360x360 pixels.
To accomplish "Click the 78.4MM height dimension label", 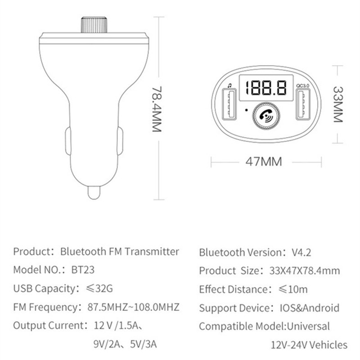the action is (x=157, y=109).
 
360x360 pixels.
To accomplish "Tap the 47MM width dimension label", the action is (x=264, y=162).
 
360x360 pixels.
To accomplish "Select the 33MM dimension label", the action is (x=338, y=104).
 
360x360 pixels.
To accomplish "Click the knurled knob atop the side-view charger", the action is (x=94, y=25).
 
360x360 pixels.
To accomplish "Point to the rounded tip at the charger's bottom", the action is (x=94, y=193).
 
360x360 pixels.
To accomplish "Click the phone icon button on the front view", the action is (x=266, y=116).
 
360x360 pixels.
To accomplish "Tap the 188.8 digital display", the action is (x=266, y=88).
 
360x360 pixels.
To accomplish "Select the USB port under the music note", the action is (x=229, y=104).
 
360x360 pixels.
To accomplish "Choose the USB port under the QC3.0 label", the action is (x=303, y=104).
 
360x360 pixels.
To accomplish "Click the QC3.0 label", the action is (x=302, y=85).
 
